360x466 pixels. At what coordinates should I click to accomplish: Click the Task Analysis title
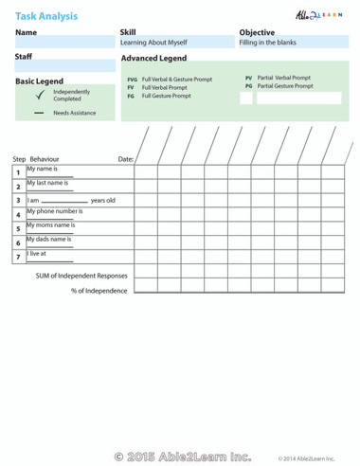click(x=46, y=15)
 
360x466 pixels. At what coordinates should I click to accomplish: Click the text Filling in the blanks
click(x=269, y=43)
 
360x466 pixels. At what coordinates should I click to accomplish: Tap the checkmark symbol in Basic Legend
click(x=39, y=96)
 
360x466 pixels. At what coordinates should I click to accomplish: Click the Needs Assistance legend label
click(x=73, y=113)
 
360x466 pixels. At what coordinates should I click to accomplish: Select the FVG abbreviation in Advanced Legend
click(x=132, y=80)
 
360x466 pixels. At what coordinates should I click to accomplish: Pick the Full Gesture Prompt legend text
click(x=166, y=96)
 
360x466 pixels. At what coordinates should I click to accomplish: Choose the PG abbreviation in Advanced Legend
click(x=248, y=85)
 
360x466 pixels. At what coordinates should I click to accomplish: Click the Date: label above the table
click(x=125, y=159)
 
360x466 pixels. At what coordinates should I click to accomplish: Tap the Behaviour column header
click(x=45, y=159)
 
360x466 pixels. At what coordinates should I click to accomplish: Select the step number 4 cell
click(x=18, y=214)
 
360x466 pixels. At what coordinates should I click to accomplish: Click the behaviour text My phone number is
click(x=54, y=211)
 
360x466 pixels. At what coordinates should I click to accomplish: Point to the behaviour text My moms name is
click(x=50, y=225)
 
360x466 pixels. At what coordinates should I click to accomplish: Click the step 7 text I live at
click(x=36, y=253)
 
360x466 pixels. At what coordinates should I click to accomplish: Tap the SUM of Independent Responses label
click(x=81, y=276)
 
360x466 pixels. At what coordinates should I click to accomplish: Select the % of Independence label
click(x=99, y=291)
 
